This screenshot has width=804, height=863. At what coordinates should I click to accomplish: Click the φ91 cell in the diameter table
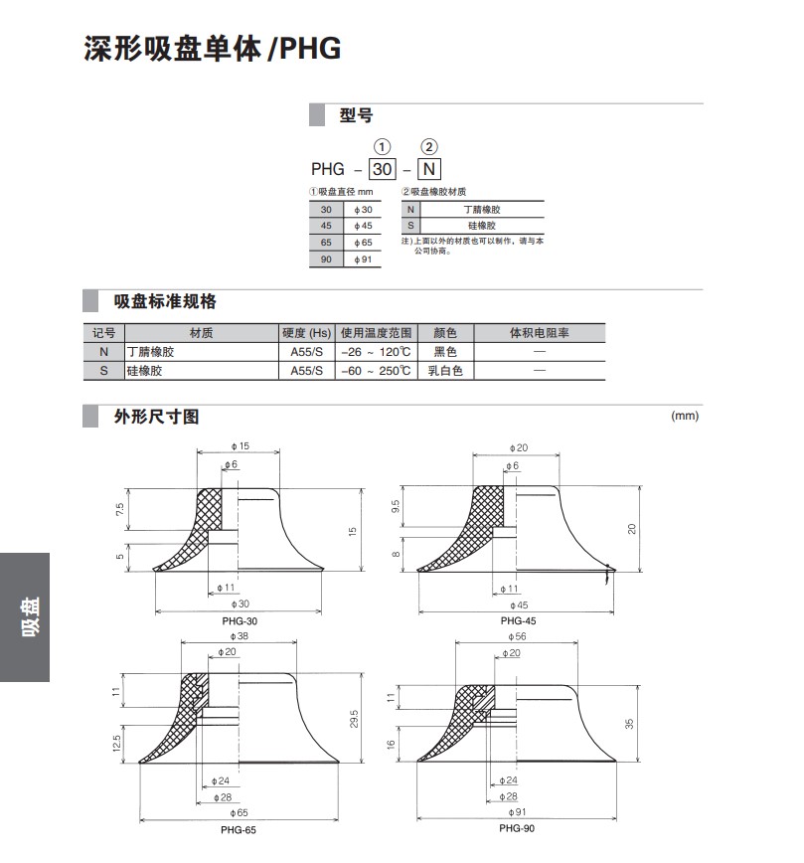363,259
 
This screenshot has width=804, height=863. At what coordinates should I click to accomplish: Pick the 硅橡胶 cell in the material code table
482,226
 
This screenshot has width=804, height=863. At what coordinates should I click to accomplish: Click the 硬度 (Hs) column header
306,333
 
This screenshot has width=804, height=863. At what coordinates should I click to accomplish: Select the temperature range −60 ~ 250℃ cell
376,370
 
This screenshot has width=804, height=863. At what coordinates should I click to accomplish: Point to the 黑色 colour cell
445,352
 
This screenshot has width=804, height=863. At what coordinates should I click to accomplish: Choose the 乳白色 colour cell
445,370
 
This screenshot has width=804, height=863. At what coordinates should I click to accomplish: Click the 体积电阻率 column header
539,333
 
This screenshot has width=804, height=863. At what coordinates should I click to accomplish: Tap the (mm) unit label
685,416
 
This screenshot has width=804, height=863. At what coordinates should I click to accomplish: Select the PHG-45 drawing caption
518,620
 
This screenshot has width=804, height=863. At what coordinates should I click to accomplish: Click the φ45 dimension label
518,604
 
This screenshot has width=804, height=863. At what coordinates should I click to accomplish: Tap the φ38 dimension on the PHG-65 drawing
240,635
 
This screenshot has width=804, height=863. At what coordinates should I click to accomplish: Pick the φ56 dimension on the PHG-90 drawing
517,636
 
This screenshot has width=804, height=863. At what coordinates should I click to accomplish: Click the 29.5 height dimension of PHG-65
353,718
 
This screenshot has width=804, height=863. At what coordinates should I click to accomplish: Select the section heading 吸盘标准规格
165,301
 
